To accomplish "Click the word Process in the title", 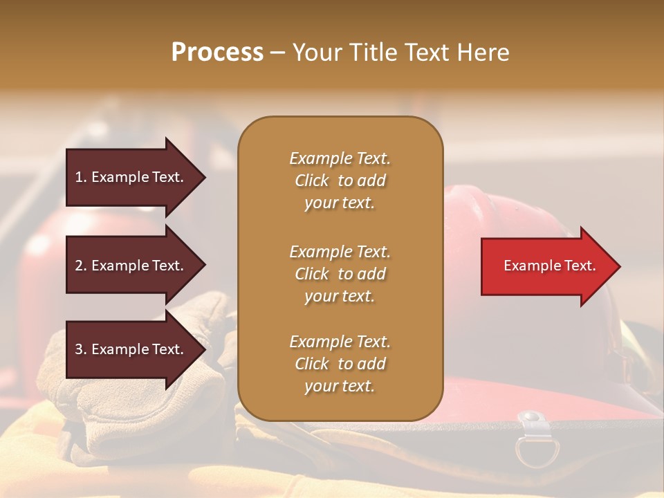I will pyautogui.click(x=217, y=53).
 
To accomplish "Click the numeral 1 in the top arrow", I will pyautogui.click(x=79, y=177).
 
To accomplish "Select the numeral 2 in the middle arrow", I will pyautogui.click(x=79, y=266).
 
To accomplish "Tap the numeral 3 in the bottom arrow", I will pyautogui.click(x=79, y=349).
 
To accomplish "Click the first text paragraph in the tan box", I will pyautogui.click(x=340, y=181).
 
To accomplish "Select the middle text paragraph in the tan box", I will pyautogui.click(x=340, y=274).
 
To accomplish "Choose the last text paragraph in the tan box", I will pyautogui.click(x=340, y=364).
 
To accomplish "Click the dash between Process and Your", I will pyautogui.click(x=277, y=53).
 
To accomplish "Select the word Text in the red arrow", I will pyautogui.click(x=580, y=266).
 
